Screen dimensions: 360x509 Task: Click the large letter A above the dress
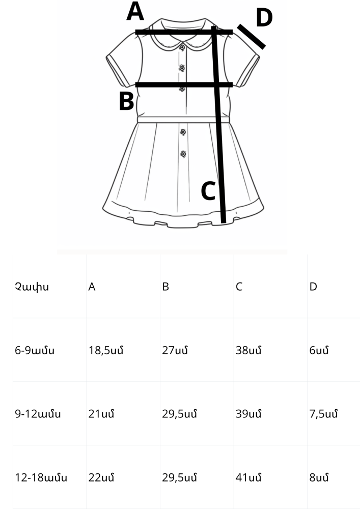[135, 11]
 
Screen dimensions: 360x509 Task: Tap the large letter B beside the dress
[127, 101]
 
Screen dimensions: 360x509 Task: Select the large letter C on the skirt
[208, 191]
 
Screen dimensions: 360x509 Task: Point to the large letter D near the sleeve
[264, 17]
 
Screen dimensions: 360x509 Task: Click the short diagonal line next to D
[251, 37]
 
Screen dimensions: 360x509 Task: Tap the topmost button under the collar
[182, 47]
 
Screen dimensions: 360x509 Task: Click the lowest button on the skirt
[183, 154]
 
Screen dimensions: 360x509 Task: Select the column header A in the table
[92, 287]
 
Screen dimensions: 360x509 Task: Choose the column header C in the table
[239, 287]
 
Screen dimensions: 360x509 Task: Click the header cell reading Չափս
[32, 287]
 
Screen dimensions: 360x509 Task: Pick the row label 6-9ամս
[35, 351]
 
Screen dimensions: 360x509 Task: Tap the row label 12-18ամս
[41, 478]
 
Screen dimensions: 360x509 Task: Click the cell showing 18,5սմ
[106, 351]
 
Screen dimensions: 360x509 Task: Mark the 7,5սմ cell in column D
[323, 414]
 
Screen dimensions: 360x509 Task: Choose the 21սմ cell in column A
[101, 414]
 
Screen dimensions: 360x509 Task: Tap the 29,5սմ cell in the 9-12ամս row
[180, 414]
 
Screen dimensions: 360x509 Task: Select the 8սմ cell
[319, 478]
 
